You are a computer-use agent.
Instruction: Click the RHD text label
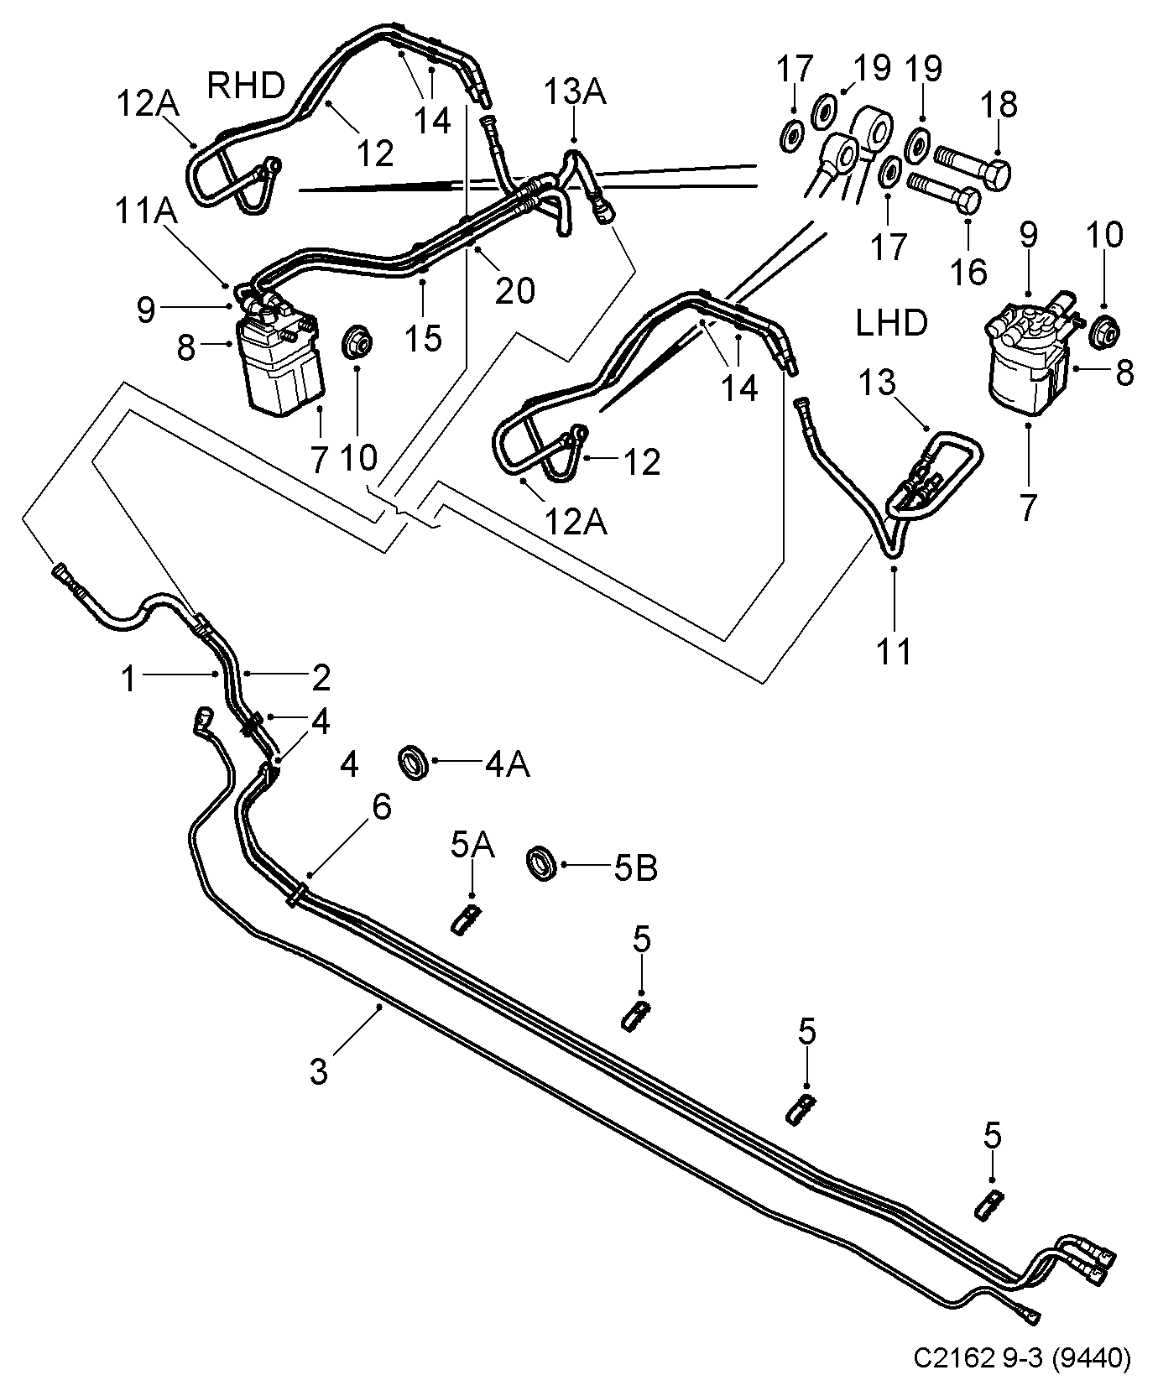[246, 85]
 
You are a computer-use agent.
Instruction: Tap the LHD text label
[891, 322]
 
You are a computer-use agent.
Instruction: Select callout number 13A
[576, 91]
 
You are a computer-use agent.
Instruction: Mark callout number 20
[514, 290]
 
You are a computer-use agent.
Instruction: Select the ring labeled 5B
[543, 864]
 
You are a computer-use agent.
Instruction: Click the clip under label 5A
[467, 921]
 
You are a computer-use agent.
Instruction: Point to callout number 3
[319, 1071]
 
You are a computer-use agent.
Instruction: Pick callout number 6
[382, 807]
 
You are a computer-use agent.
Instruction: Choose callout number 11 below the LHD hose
[895, 650]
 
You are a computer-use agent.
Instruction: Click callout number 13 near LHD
[878, 385]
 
